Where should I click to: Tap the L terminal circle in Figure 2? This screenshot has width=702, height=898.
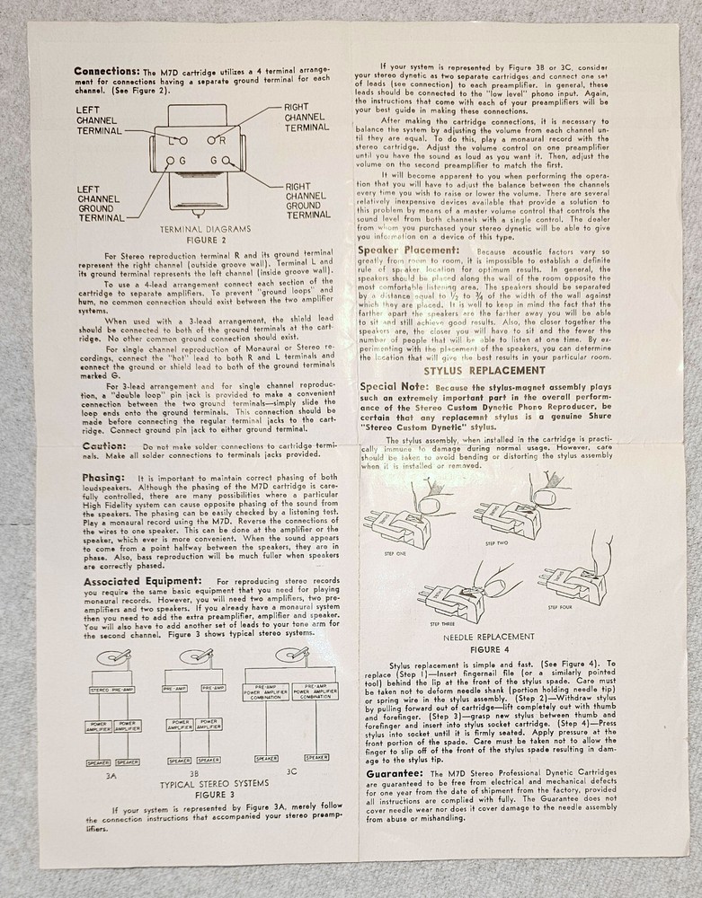pyautogui.click(x=183, y=140)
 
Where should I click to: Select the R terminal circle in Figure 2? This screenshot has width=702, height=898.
pyautogui.click(x=222, y=140)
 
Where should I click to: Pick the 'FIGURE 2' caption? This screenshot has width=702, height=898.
pyautogui.click(x=197, y=240)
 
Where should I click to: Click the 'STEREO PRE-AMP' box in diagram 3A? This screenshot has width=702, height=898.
pyautogui.click(x=112, y=690)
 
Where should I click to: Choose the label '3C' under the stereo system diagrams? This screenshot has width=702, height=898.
pyautogui.click(x=292, y=770)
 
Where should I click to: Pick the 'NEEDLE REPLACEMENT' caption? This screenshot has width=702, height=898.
pyautogui.click(x=489, y=637)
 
